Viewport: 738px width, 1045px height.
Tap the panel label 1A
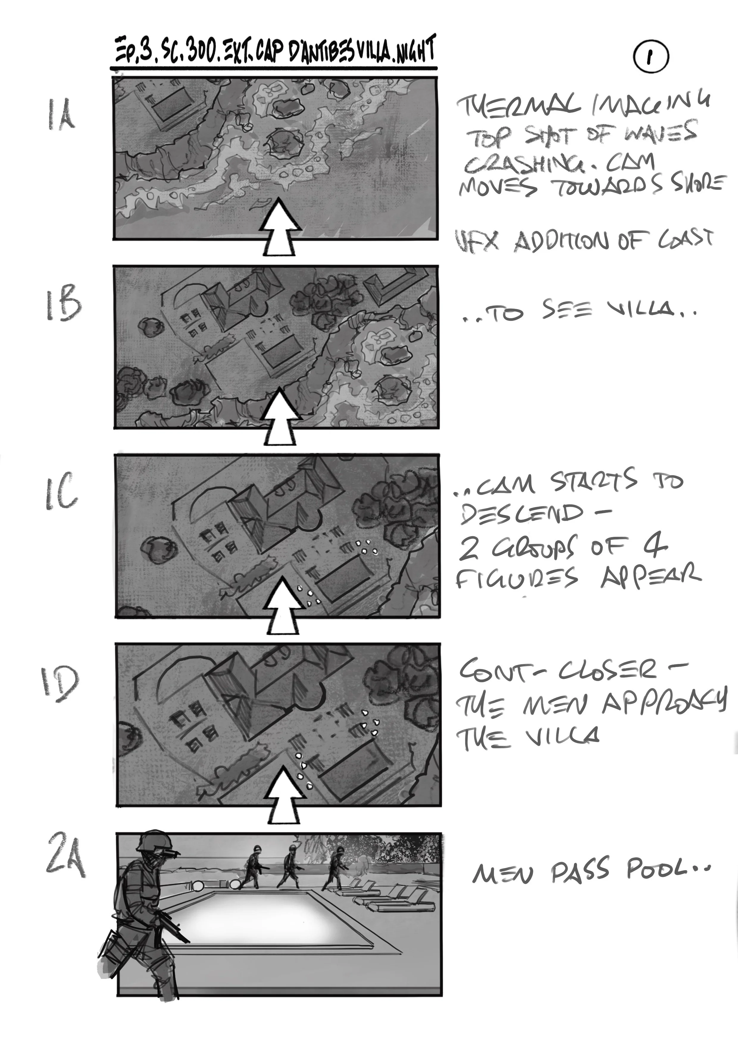point(61,116)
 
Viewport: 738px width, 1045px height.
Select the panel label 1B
point(63,303)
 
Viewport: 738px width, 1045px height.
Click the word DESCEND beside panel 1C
point(521,514)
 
